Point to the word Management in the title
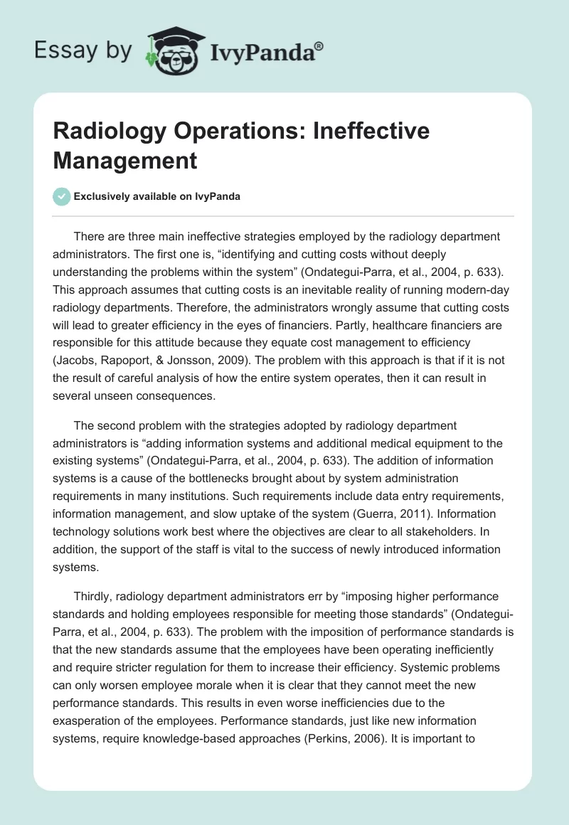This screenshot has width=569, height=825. [124, 161]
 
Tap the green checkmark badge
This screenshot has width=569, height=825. [61, 196]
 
